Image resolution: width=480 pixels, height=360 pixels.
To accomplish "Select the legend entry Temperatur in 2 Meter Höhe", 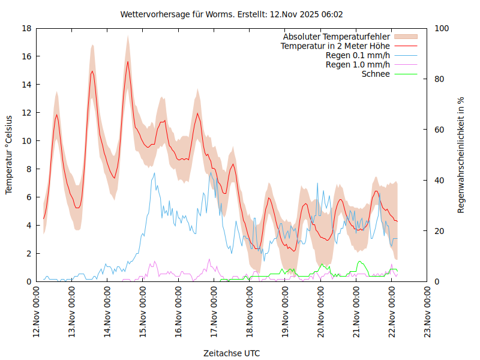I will [335, 46].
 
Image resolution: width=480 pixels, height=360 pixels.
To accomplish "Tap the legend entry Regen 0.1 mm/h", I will [358, 55].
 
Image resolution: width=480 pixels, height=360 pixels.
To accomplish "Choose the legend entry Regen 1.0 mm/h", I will [358, 65].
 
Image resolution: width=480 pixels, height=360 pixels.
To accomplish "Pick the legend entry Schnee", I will [376, 74].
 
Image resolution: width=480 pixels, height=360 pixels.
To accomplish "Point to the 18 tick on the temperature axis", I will [26, 28].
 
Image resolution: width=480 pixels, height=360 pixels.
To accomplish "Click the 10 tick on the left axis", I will [26, 141].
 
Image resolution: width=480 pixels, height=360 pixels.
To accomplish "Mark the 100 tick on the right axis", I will [441, 28].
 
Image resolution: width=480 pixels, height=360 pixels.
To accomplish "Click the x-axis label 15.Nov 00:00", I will [143, 312].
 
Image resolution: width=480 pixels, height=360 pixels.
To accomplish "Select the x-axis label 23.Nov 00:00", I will [427, 312].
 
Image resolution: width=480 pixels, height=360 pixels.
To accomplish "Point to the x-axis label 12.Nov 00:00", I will [37, 312].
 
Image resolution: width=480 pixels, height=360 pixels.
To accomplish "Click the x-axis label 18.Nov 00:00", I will [250, 312].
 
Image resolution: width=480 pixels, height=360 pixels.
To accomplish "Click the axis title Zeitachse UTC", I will [232, 353].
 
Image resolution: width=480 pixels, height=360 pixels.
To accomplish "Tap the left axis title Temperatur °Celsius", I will [9, 155].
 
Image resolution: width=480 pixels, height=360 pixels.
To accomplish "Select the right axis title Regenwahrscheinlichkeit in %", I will [461, 155].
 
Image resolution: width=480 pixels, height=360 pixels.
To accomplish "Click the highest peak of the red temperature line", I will [127, 62].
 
